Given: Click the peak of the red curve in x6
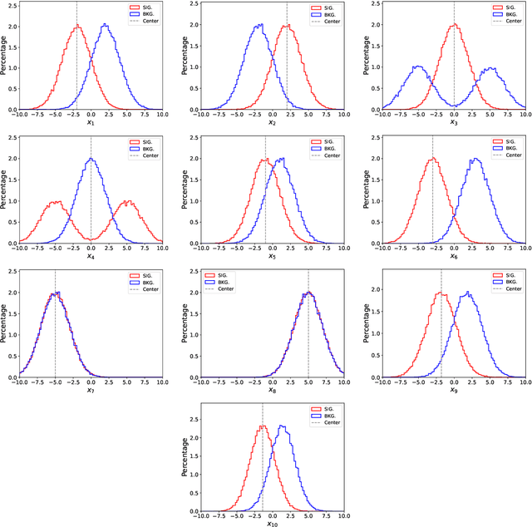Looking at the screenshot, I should (432, 159).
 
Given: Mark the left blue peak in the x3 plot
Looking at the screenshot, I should (417, 66).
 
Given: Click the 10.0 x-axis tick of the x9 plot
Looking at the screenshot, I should (525, 383).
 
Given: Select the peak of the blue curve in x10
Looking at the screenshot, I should (282, 426).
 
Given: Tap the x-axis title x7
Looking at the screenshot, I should (91, 391).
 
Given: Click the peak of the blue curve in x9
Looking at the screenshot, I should (468, 293).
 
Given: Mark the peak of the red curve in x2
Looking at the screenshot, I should (287, 25).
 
